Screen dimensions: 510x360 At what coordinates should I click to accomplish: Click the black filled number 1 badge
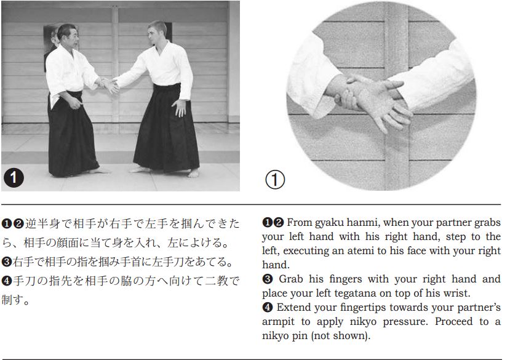pyautogui.click(x=14, y=178)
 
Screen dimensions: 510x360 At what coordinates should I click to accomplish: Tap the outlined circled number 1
pyautogui.click(x=275, y=180)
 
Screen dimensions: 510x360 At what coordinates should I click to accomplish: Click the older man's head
pyautogui.click(x=68, y=35)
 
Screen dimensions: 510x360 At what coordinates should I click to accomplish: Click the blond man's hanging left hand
pyautogui.click(x=179, y=108)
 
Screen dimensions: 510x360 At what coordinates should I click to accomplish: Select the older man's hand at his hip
pyautogui.click(x=75, y=103)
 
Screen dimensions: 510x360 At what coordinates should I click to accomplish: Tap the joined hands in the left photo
pyautogui.click(x=109, y=84)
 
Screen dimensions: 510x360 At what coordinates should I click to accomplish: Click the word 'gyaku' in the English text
pyautogui.click(x=328, y=223)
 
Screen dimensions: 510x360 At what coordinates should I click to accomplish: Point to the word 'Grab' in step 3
pyautogui.click(x=292, y=279)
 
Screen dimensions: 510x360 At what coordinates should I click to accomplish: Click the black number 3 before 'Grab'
pyautogui.click(x=267, y=279)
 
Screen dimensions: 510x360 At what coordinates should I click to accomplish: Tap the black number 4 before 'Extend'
pyautogui.click(x=267, y=307)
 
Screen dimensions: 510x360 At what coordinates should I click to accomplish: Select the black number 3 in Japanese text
pyautogui.click(x=7, y=262)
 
